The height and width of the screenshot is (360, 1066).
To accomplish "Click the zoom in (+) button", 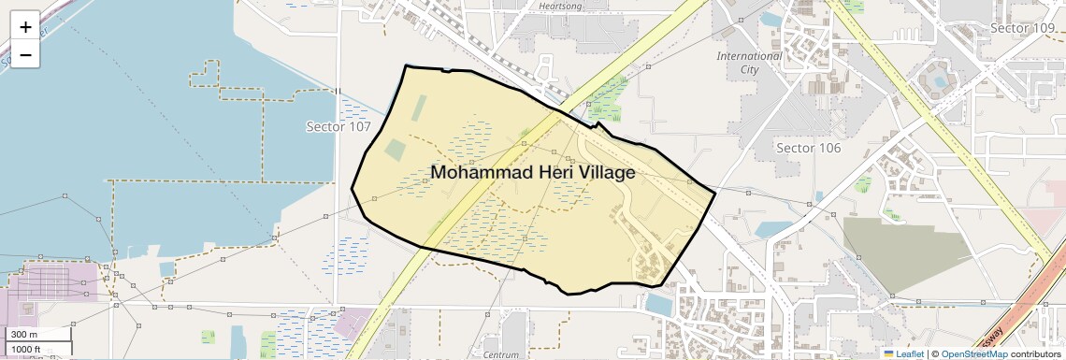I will [25, 27].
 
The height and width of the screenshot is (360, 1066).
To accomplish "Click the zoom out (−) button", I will [25, 55].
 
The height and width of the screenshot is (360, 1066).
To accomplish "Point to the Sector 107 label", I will [339, 126].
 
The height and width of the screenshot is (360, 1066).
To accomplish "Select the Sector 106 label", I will [809, 148].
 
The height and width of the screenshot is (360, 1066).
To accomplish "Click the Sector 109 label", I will [1022, 28].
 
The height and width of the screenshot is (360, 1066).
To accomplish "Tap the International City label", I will [749, 63].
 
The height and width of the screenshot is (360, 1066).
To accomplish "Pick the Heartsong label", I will [562, 6].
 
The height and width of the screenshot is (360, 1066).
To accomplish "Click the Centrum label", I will [500, 355].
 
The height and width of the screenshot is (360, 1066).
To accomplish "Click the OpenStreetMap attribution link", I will [974, 353].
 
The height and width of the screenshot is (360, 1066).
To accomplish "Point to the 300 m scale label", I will [22, 335].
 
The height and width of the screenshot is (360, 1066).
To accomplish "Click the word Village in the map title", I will [600, 173].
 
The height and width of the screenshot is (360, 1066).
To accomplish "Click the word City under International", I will [749, 69].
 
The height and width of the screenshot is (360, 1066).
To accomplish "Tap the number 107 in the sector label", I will [359, 126].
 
